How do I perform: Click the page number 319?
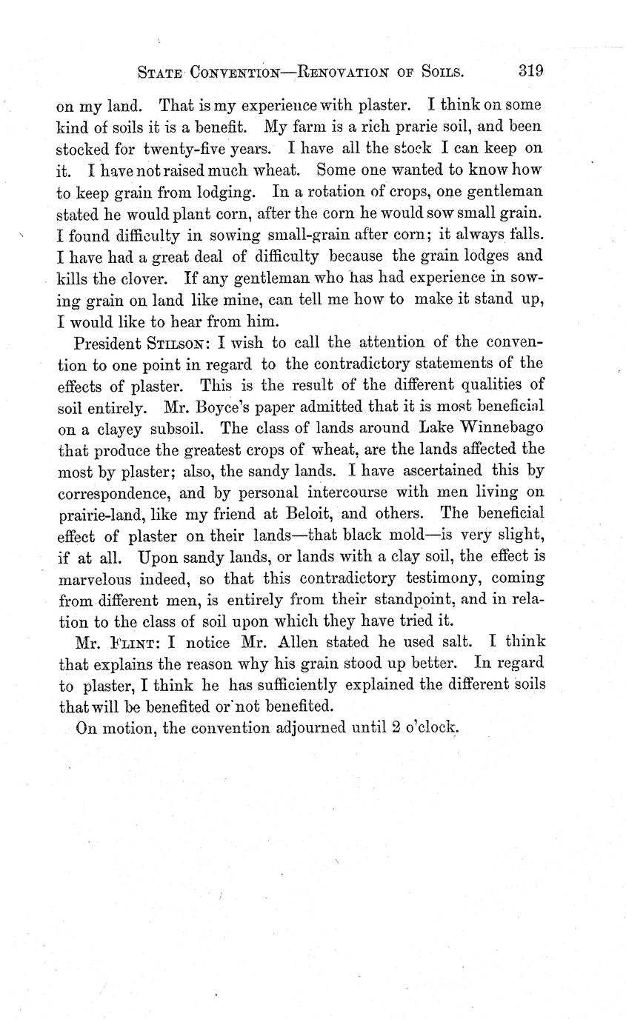pyautogui.click(x=530, y=72)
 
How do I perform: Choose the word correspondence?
pyautogui.click(x=112, y=491)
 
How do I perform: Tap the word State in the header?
pyautogui.click(x=160, y=73)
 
